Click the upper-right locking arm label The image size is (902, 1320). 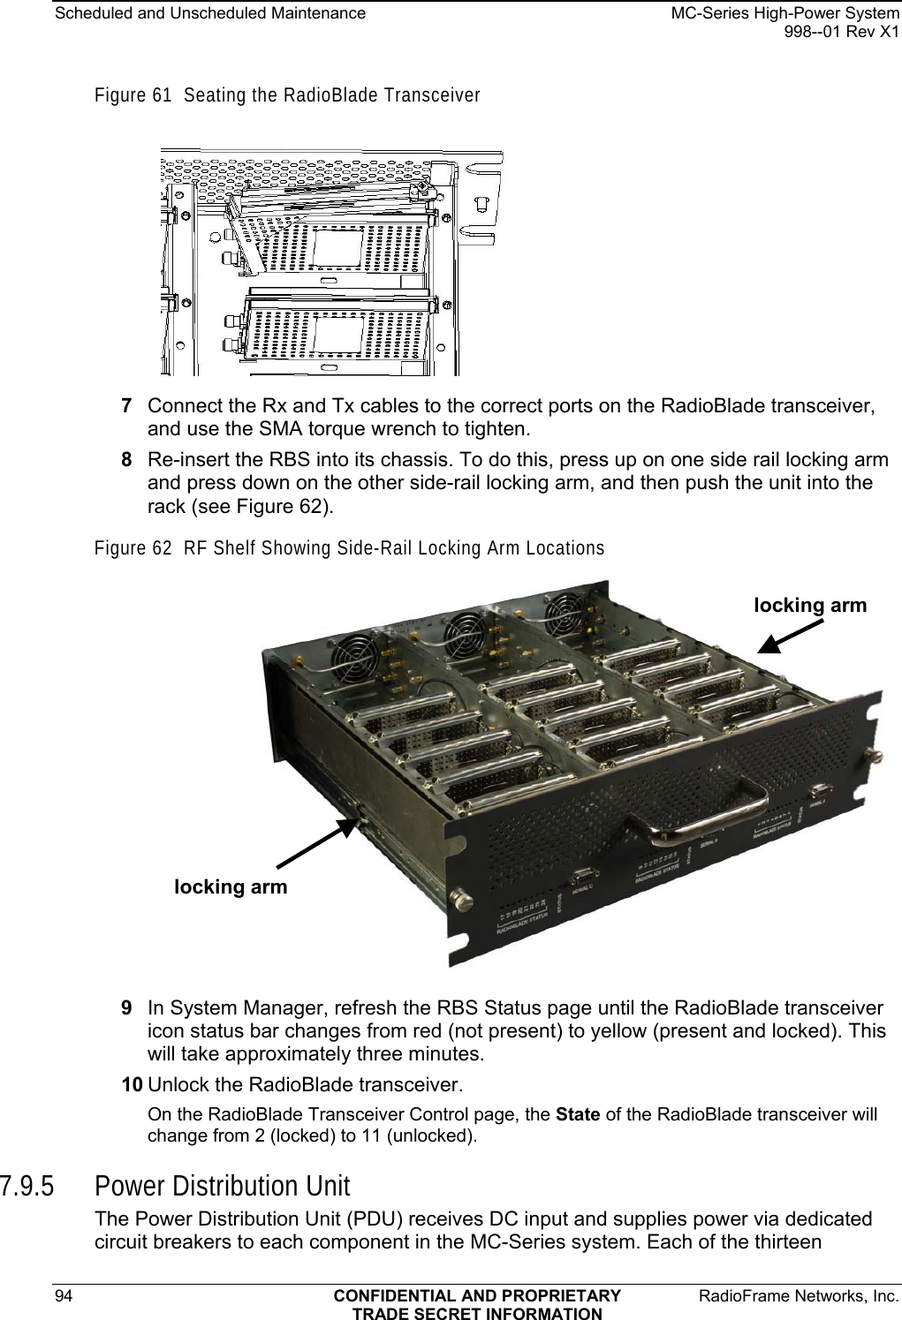(x=810, y=605)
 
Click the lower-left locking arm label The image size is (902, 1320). (x=231, y=886)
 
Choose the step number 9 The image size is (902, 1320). (x=127, y=1008)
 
